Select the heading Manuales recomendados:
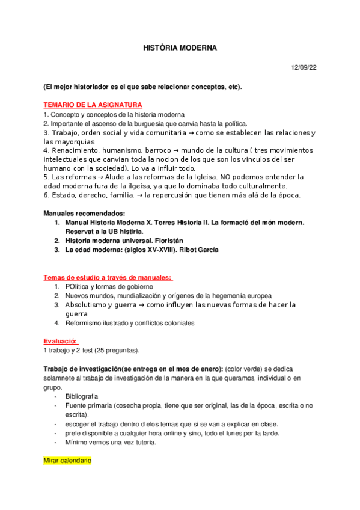[84, 214]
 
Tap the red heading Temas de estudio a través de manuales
[107, 277]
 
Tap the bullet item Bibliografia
[82, 396]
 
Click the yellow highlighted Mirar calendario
[67, 461]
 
